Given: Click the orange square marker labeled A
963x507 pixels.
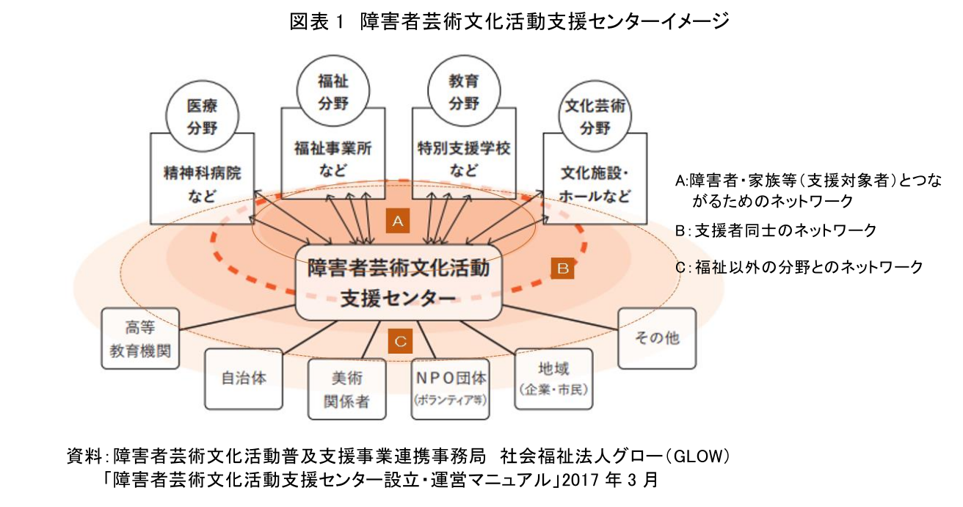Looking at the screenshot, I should point(397,220).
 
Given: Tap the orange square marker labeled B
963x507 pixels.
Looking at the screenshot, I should point(563,269).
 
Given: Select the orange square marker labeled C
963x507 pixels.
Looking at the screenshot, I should point(400,341).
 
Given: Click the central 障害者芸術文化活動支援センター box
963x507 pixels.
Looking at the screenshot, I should point(398,282).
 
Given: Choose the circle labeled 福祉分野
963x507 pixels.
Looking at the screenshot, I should point(332,91).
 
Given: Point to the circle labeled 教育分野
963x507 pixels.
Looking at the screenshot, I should point(462,91).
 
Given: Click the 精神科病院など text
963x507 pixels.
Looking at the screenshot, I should point(203,184).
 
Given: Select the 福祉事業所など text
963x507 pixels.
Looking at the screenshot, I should point(332,158).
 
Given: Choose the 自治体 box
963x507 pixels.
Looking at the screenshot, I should point(244,379).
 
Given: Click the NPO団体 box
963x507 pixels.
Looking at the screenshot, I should point(450,389).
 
